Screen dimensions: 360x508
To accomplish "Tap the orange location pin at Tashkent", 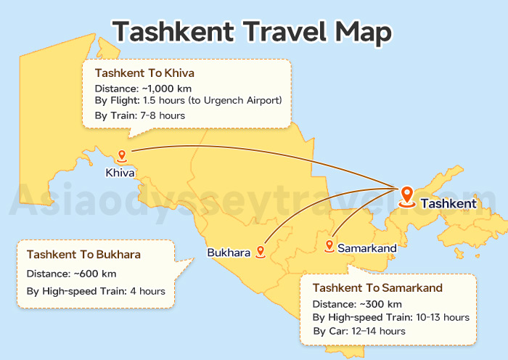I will coord(407,195).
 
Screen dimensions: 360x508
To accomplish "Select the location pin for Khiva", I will coord(122,155).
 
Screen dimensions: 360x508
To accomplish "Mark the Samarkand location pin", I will coord(329,246).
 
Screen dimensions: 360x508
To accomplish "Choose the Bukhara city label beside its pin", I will coord(229,253).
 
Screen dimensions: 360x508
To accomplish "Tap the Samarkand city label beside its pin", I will coord(366,248).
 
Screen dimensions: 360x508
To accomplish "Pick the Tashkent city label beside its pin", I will coord(448,203).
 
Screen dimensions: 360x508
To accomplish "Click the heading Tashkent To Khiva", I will coord(144,73).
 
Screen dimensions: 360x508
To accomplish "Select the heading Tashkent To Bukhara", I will coord(83,255).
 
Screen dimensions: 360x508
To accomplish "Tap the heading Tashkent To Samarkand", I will coord(377,288).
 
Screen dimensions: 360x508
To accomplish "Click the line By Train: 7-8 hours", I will coord(139,115).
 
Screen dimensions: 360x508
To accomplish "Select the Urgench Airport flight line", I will coord(188,99).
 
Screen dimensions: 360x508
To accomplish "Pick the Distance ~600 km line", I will coord(71,274).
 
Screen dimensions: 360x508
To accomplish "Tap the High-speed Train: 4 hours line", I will coord(96,292).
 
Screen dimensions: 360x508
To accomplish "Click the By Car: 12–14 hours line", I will coord(359,331).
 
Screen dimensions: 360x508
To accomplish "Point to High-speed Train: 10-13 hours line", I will coord(391,317).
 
